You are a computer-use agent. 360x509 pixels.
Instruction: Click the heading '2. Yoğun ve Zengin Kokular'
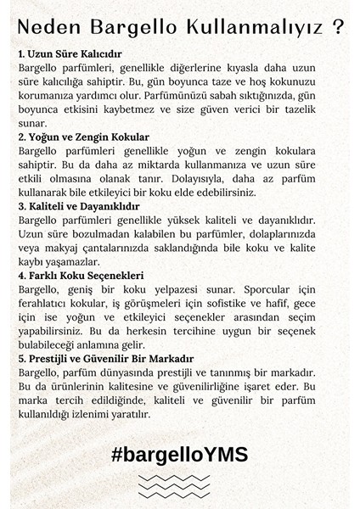tap(83, 136)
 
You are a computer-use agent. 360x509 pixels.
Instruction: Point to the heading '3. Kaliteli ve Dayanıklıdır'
tap(83, 206)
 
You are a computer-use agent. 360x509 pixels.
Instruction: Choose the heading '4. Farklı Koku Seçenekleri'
tap(82, 276)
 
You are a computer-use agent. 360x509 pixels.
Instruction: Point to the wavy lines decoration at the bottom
tap(179, 486)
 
